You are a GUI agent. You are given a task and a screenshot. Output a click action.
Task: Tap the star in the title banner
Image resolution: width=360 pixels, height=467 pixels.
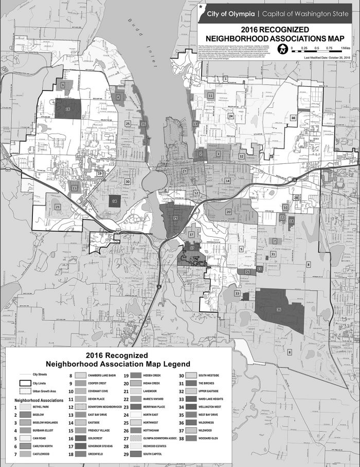pos(200,8)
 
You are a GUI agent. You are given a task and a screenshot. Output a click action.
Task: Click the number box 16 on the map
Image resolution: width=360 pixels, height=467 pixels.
pos(68,109)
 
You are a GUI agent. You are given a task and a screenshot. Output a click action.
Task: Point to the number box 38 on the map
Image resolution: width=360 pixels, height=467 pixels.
pos(293,118)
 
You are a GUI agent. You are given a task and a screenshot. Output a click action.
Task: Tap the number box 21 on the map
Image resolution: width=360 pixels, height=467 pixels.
pos(58,207)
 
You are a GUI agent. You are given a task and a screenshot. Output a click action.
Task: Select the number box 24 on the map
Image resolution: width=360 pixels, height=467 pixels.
pos(231,116)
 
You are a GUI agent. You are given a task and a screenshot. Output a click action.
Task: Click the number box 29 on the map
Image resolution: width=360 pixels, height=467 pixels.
pos(175,218)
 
